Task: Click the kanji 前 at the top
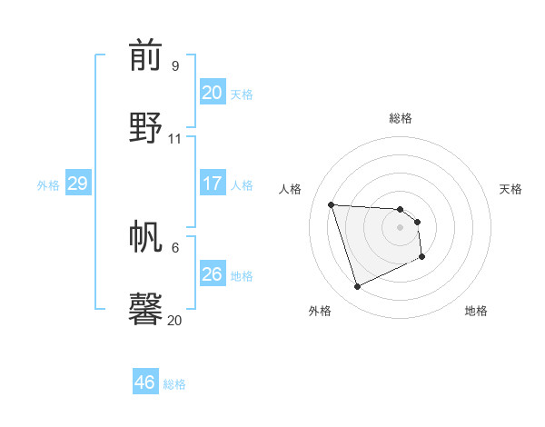(146, 56)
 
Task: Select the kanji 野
(146, 126)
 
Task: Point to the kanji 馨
(146, 308)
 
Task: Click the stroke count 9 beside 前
(175, 66)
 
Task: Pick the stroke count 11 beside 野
(175, 139)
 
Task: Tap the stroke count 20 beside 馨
(175, 321)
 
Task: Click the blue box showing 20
(212, 93)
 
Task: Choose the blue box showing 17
(212, 184)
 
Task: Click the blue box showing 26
(212, 273)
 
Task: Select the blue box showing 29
(77, 184)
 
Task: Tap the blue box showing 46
(145, 382)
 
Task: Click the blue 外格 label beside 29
(48, 184)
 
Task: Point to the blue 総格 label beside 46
(174, 384)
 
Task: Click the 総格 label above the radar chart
(401, 118)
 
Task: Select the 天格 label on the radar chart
(510, 189)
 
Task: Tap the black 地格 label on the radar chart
(476, 311)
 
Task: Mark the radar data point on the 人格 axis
(332, 204)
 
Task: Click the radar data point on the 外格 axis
(357, 287)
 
